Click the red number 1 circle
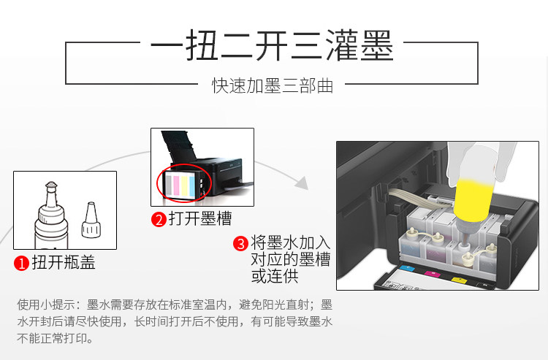[x=21, y=264]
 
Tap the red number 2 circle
[x=159, y=220]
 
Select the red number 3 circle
[x=241, y=243]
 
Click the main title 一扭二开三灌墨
[x=273, y=46]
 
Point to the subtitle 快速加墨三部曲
[x=273, y=85]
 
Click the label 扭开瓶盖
[x=64, y=262]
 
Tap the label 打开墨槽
[x=200, y=218]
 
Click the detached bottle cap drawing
[x=91, y=220]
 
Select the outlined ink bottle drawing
[x=51, y=215]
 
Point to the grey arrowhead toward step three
[x=301, y=183]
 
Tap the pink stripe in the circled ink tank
[x=176, y=185]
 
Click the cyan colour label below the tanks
[x=406, y=269]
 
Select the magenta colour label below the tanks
[x=432, y=274]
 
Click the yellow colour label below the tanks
[x=459, y=280]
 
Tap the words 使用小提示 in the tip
[x=46, y=305]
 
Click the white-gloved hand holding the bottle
[x=481, y=161]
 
